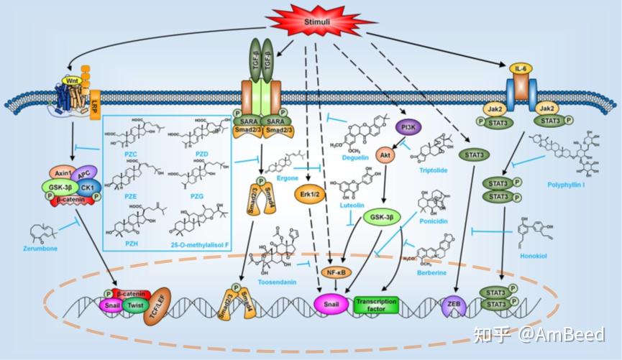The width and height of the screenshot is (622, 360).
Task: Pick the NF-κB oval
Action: [x=333, y=273]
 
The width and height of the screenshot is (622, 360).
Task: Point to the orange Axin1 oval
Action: [x=63, y=174]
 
